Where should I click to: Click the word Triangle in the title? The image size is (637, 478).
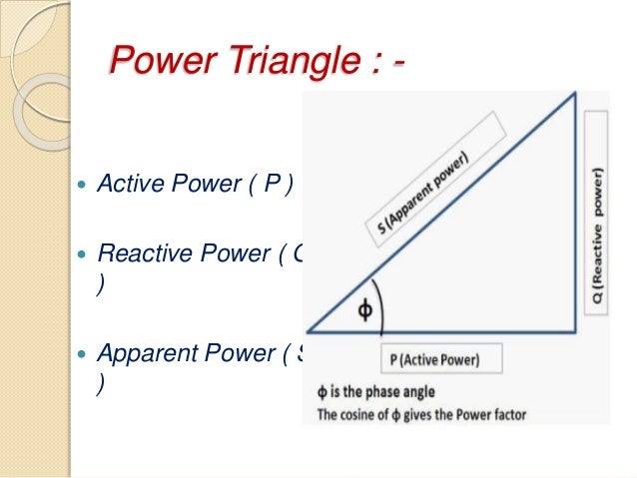(283, 62)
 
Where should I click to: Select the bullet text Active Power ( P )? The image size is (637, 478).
(195, 186)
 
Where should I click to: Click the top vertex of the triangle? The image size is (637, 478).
(575, 94)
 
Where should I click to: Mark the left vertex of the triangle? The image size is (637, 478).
(308, 331)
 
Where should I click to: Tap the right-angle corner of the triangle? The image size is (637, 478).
(575, 331)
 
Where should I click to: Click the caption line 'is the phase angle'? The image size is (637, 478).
(381, 392)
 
